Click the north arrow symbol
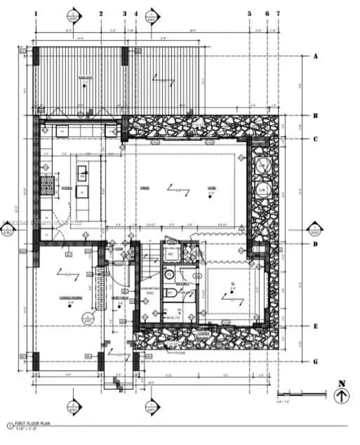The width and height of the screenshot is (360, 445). point(341,396)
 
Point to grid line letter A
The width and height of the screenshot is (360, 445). point(316,56)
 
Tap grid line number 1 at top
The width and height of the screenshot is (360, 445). point(36,13)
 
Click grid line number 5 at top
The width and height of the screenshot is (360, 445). point(249,13)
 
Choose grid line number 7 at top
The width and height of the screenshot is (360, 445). point(278,13)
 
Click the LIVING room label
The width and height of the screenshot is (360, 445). point(212,187)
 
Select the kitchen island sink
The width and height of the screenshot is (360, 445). point(82,171)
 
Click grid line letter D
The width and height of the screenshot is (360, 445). point(316,243)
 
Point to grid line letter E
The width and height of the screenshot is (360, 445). point(316,326)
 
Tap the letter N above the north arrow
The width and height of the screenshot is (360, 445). point(341,382)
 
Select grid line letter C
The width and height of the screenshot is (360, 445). point(316,138)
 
